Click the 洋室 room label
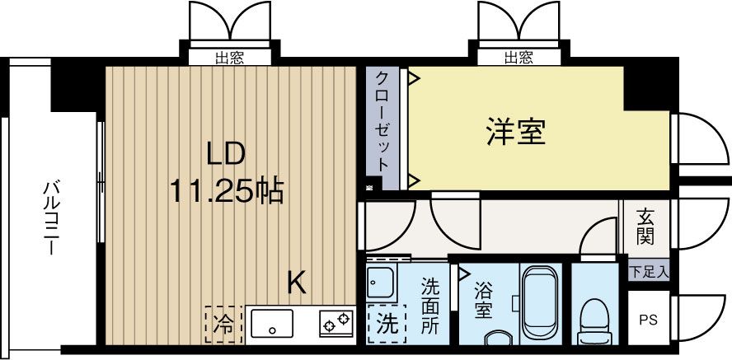(516, 133)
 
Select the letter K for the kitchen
(297, 283)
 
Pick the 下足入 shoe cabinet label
(650, 270)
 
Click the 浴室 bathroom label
(484, 301)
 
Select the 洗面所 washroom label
(430, 306)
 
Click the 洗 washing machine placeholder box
(386, 323)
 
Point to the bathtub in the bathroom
(542, 300)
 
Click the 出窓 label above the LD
(229, 58)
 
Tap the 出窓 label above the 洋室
(518, 58)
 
